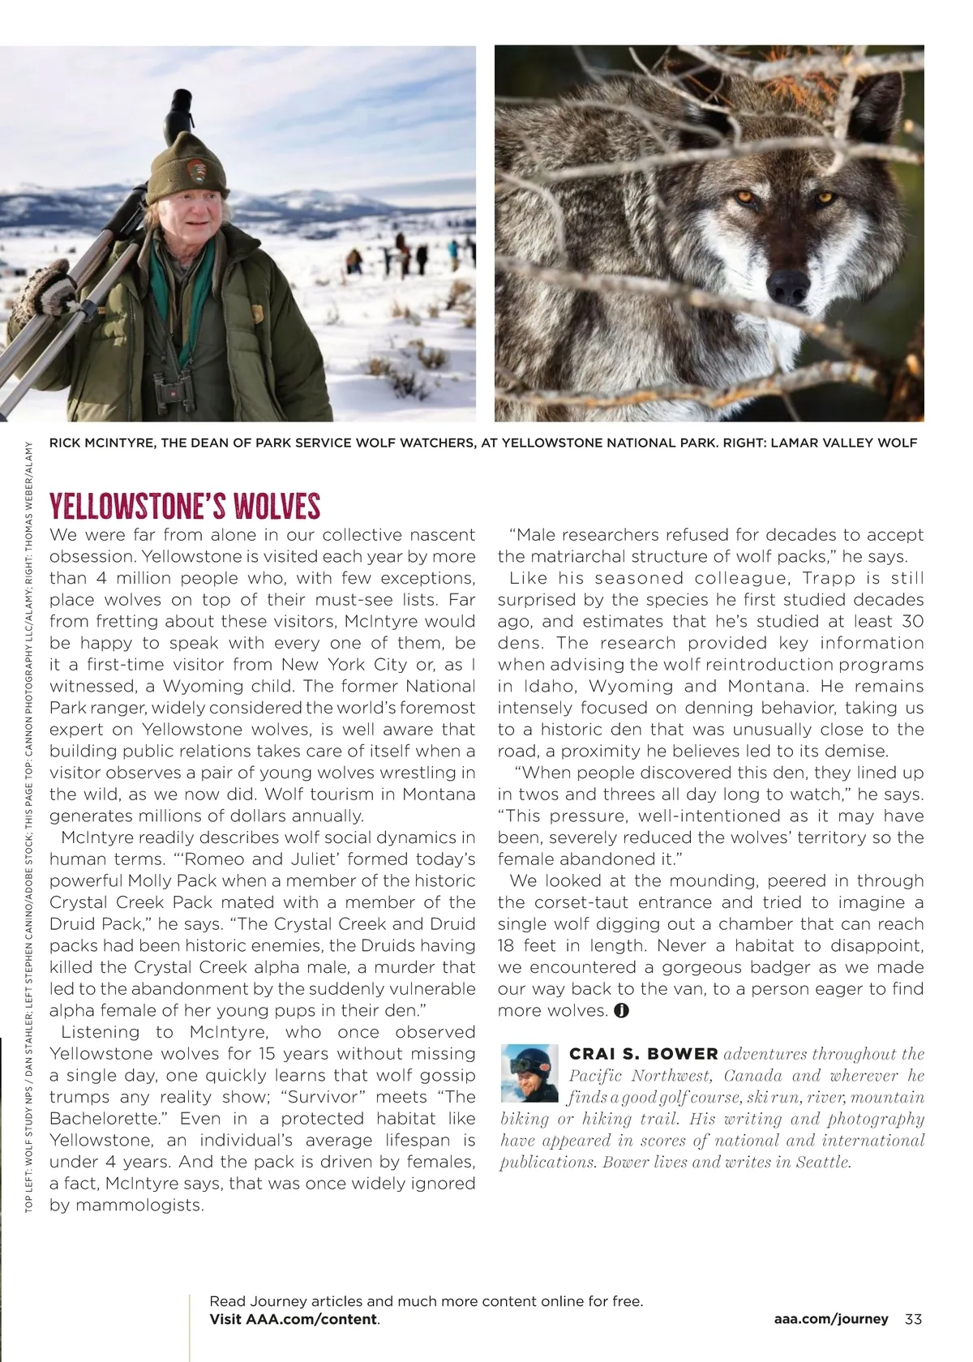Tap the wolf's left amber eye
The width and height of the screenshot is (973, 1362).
(743, 196)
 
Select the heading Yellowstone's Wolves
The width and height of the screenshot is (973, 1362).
(185, 507)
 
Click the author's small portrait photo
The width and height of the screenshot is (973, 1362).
(529, 1073)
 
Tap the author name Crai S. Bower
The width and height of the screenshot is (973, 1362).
(644, 1054)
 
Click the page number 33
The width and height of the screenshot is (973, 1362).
(913, 1319)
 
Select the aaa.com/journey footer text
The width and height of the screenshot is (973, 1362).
(831, 1319)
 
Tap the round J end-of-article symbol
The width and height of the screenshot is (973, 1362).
(621, 1011)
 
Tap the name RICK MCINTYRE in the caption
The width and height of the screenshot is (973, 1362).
(101, 443)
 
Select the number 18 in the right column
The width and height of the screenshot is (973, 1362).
(508, 946)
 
